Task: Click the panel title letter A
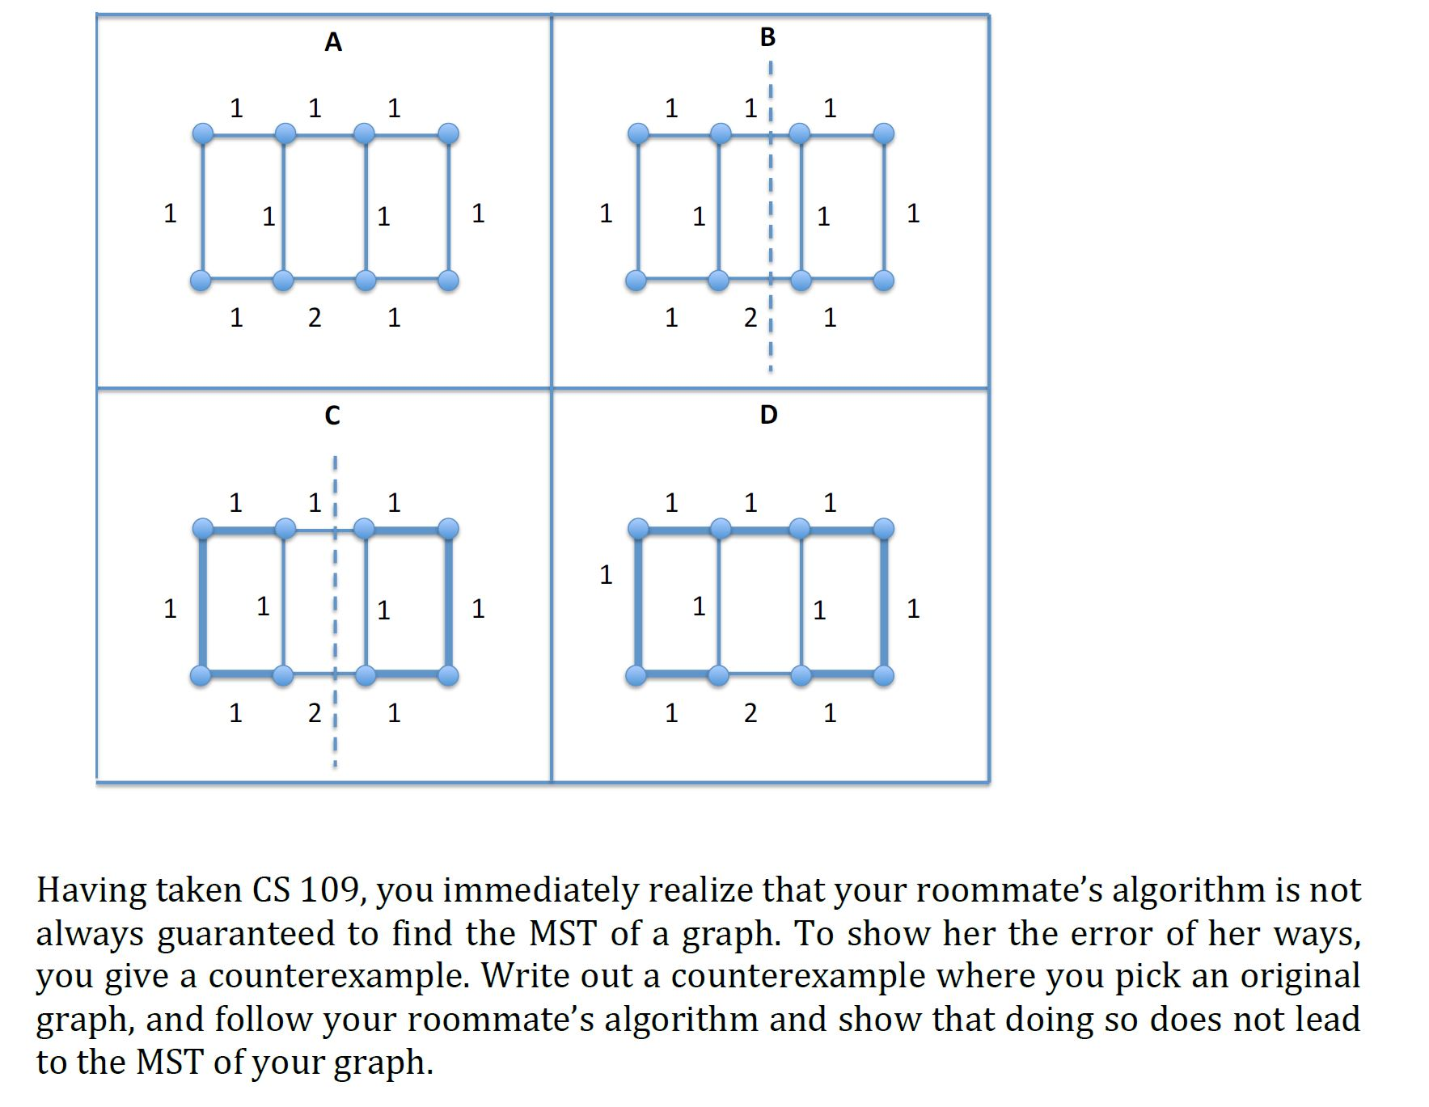[333, 42]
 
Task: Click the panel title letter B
[767, 37]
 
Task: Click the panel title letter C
[332, 416]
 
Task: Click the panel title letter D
[768, 415]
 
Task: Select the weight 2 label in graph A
[315, 318]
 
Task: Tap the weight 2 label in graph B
[750, 318]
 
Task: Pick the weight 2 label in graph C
[315, 713]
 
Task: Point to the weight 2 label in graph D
[750, 713]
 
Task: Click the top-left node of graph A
[203, 133]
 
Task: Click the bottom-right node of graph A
[448, 281]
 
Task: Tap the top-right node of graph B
[884, 133]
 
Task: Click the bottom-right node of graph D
[884, 675]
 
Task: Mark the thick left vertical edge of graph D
[638, 602]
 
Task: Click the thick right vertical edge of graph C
[449, 602]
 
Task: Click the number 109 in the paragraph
[328, 891]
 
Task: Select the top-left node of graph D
[638, 529]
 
